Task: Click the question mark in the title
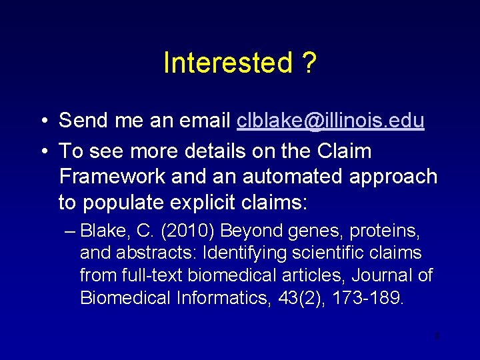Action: click(309, 63)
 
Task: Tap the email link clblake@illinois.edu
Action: click(331, 121)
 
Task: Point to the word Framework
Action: click(111, 177)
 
